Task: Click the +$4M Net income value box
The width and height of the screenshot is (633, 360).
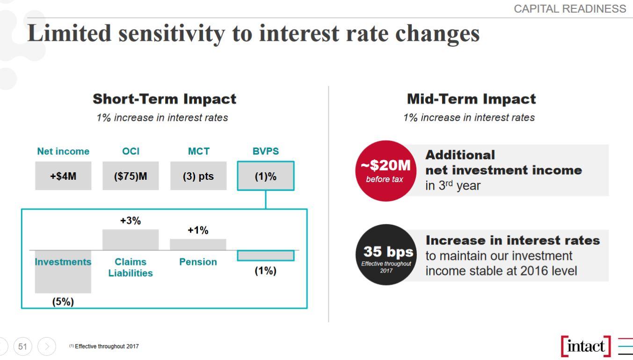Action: pos(63,176)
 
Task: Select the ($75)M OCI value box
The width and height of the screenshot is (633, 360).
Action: pos(131,176)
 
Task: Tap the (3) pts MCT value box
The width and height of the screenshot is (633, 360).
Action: pos(198,176)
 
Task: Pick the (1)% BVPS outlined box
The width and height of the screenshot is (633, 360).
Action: pos(265,176)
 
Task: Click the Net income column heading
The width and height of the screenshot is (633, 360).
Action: pos(63,152)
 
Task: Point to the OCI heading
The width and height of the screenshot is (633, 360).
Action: pos(131,152)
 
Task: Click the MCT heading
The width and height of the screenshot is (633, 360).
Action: pos(198,152)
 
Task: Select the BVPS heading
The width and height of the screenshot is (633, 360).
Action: pos(265,152)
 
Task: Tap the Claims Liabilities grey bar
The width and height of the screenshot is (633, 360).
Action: pos(131,239)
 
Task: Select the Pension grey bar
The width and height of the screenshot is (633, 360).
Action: pos(198,244)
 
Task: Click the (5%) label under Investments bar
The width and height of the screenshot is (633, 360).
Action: pos(63,302)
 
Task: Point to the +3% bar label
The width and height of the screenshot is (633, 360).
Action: pos(131,221)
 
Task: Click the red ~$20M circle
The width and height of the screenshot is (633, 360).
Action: pos(386,171)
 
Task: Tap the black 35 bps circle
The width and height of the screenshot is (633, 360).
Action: pos(386,255)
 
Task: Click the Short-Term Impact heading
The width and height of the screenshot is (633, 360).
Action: pos(164,99)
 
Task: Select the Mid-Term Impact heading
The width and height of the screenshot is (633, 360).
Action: pos(471,99)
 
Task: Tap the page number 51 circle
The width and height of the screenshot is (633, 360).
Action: pos(22,346)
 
